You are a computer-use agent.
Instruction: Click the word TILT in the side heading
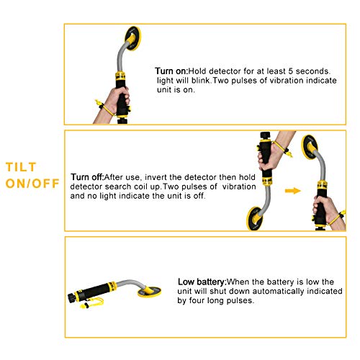coord(21,167)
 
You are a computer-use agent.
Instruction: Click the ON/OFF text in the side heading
coord(32,184)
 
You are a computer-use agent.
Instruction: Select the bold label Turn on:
coord(171,71)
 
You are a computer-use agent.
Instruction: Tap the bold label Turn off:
coord(87,177)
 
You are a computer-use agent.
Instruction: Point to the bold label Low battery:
coord(202,282)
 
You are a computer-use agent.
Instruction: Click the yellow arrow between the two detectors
coord(293,191)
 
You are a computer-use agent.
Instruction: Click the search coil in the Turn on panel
coord(132,38)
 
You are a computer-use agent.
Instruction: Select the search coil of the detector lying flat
coord(149,291)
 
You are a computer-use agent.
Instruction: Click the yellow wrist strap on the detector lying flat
coord(92,303)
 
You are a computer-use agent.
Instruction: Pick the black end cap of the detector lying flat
coord(71,298)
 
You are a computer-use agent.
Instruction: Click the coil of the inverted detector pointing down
coord(255,218)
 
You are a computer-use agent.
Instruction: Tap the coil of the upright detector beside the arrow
coord(310,147)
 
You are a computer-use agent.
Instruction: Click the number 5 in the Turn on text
coord(291,71)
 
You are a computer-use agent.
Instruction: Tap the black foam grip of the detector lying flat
coord(95,292)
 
